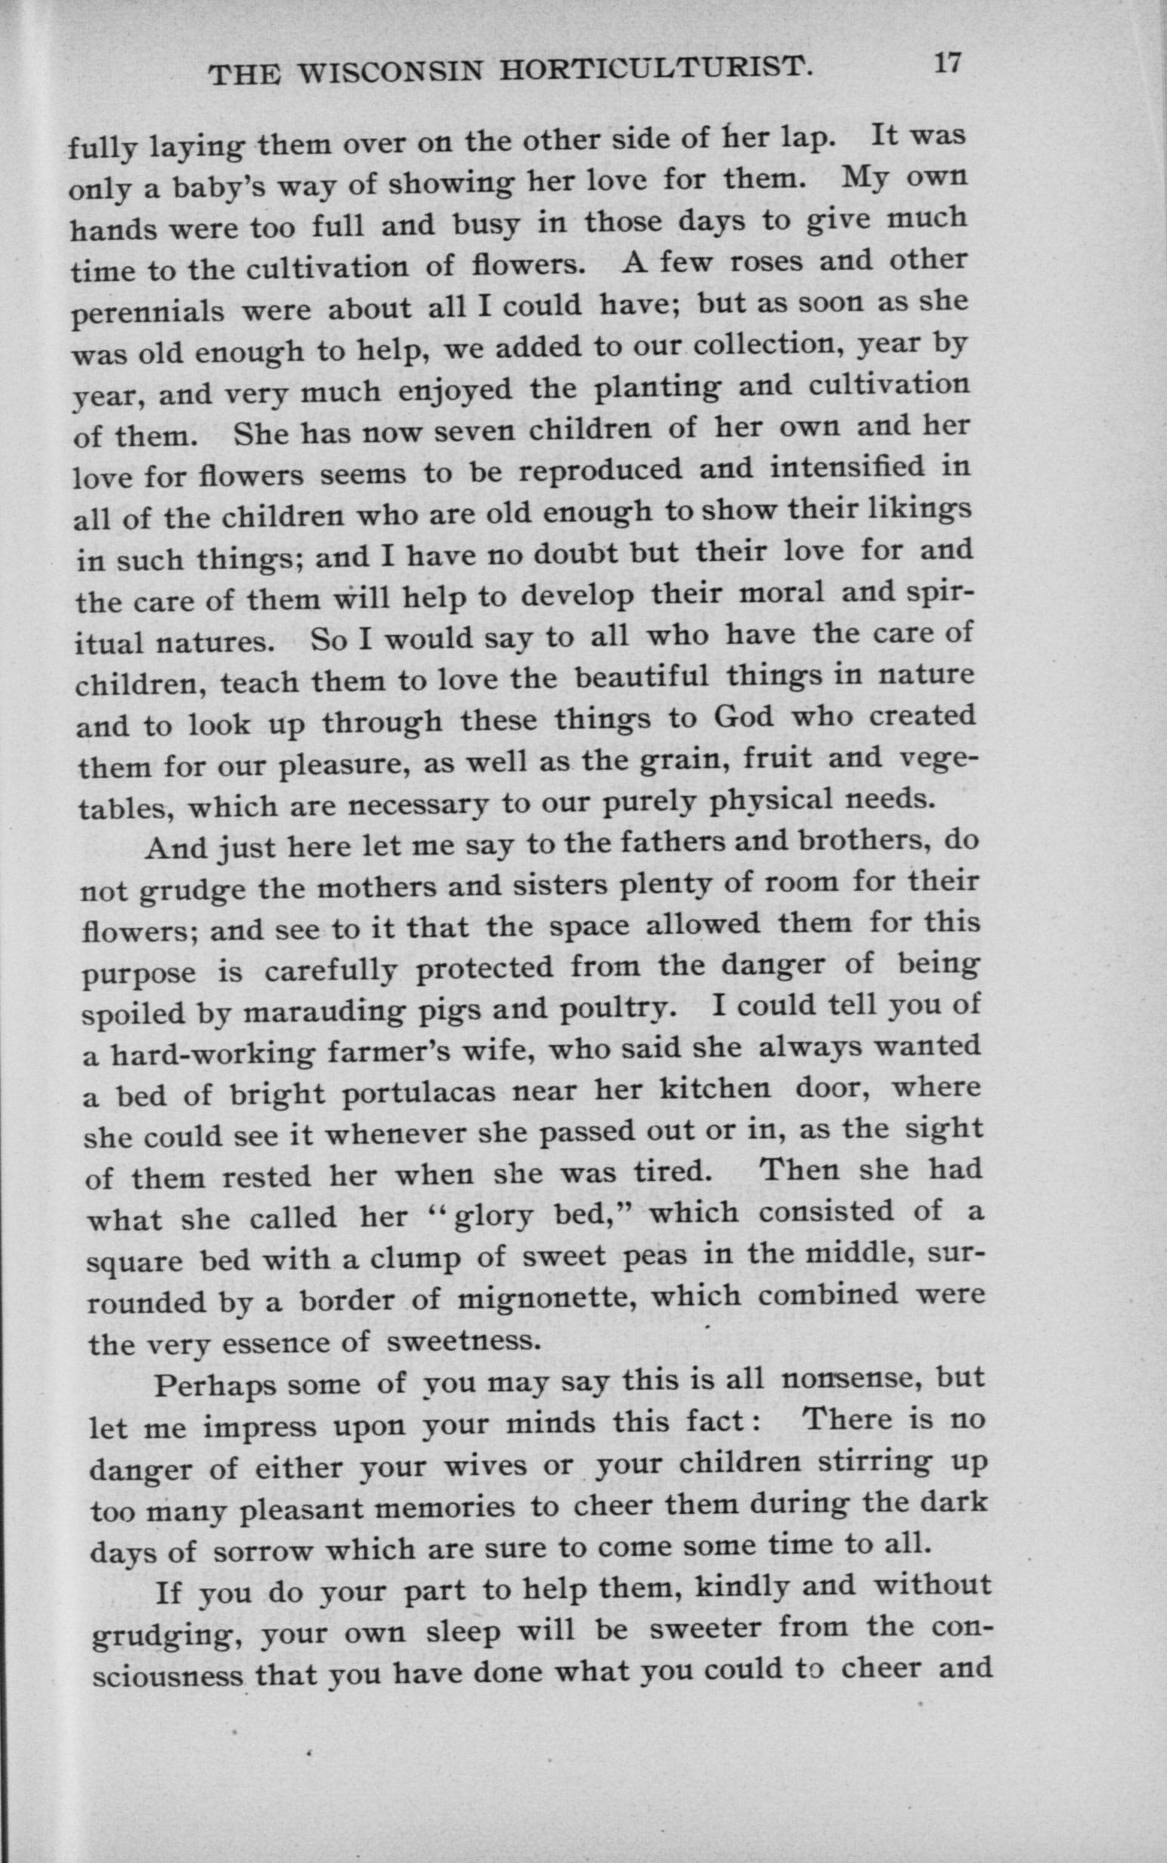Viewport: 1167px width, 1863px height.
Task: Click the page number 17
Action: point(947,62)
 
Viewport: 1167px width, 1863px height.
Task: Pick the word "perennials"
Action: point(148,312)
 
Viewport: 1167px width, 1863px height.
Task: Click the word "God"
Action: point(743,717)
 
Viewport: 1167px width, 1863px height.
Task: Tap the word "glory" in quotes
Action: point(493,1218)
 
